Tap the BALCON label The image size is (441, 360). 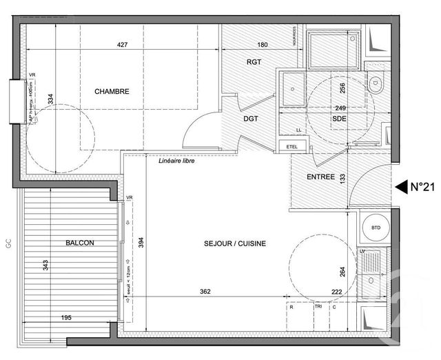[x=80, y=243]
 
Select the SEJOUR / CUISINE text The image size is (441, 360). [x=235, y=243]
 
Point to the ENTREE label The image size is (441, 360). [x=320, y=177]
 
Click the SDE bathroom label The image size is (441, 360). [x=339, y=118]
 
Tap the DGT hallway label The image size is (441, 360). [x=250, y=118]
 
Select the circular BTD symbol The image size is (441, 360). [x=376, y=227]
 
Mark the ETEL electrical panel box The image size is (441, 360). [x=284, y=146]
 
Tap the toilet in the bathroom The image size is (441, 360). [x=378, y=86]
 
